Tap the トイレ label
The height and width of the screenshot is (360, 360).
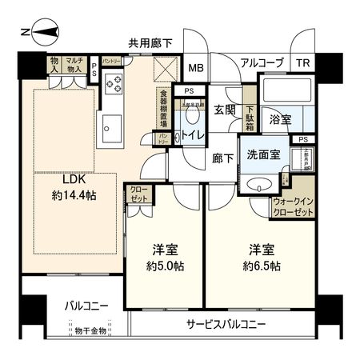click(190, 135)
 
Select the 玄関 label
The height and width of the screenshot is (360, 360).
click(225, 109)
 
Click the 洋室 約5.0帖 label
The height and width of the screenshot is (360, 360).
click(164, 255)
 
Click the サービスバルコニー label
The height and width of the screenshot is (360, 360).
click(227, 324)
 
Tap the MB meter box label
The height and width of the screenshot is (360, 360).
click(196, 67)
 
